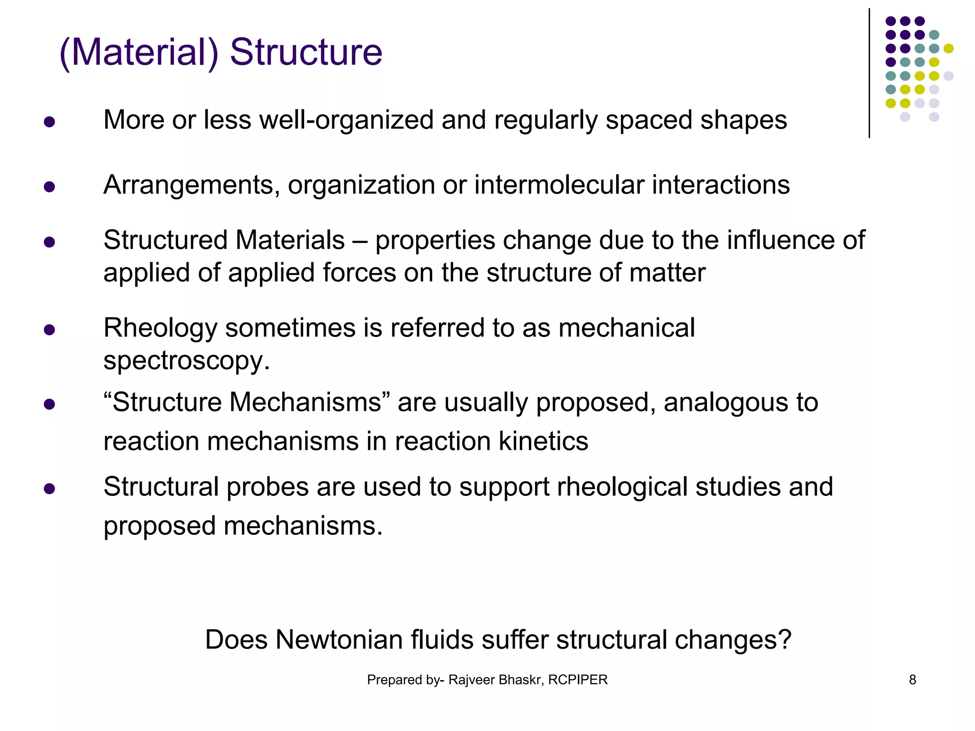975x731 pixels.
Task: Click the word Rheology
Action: tap(160, 329)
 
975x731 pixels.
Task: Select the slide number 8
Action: tap(912, 680)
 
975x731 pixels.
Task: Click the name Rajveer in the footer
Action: tap(471, 680)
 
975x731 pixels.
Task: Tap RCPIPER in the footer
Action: tap(577, 680)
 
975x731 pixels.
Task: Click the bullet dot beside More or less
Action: tap(49, 122)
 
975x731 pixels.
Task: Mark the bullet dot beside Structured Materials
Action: tap(49, 242)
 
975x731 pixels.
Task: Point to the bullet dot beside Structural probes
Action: tap(49, 489)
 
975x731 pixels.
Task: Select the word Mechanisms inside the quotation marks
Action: tap(305, 402)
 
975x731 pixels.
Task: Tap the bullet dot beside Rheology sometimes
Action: tap(49, 330)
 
